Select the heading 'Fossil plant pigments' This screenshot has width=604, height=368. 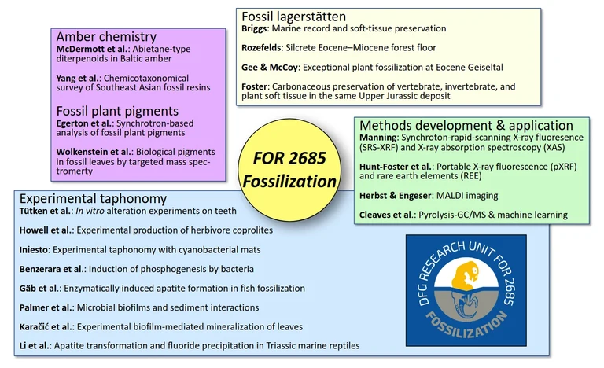click(117, 111)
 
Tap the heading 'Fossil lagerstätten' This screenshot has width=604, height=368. click(293, 16)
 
